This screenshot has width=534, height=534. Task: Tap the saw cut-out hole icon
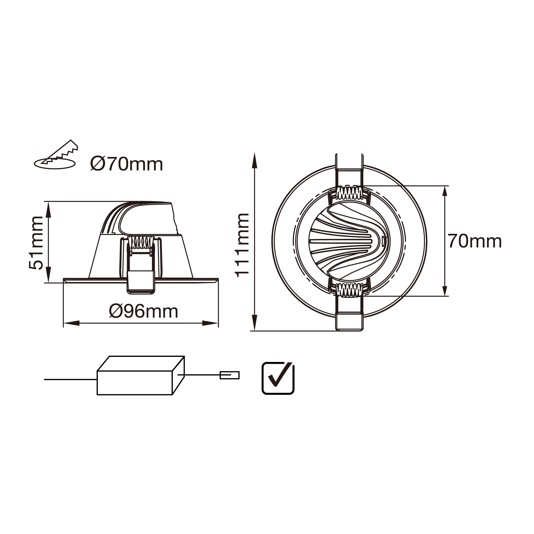(x=56, y=156)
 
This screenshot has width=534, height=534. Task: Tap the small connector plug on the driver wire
(x=229, y=375)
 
